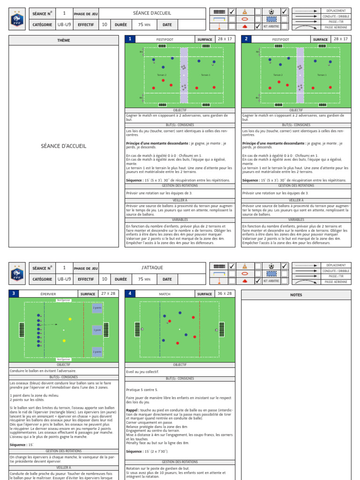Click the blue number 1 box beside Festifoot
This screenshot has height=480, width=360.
[x=129, y=39]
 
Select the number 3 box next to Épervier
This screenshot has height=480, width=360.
[x=14, y=294]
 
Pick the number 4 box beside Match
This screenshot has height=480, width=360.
[x=129, y=294]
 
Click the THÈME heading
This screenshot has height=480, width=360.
[x=64, y=40]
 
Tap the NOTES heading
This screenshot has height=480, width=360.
[x=296, y=295]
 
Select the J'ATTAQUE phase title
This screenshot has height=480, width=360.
[x=152, y=268]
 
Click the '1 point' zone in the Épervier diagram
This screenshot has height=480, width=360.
[x=97, y=330]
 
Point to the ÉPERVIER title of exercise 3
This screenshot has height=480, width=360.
[x=49, y=294]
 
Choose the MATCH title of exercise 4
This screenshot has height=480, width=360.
[x=165, y=294]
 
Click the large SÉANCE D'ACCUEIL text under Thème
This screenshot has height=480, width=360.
[x=64, y=146]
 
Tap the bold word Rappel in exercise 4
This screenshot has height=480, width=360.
[x=131, y=409]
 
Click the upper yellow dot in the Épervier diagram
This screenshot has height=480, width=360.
[x=70, y=319]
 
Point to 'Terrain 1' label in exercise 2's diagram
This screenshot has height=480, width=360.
[x=322, y=75]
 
